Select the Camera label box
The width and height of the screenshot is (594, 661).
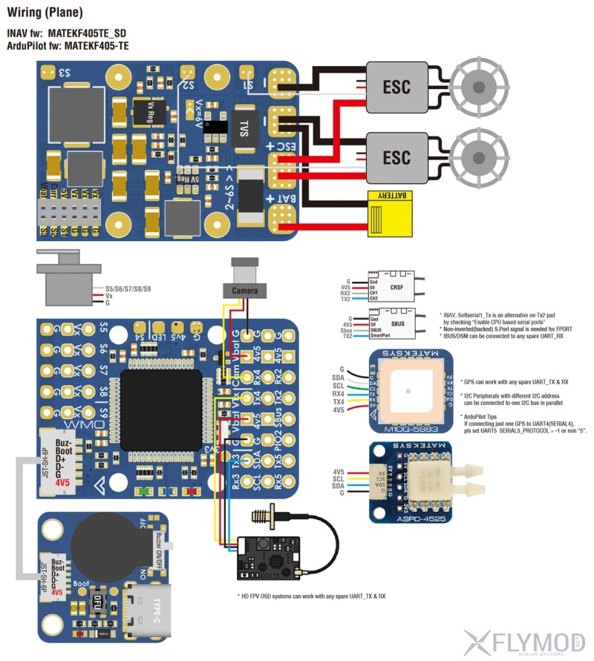pos(245,290)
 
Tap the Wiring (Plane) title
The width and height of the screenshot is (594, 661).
pos(45,13)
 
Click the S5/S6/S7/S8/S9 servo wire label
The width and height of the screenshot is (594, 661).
pos(128,288)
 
